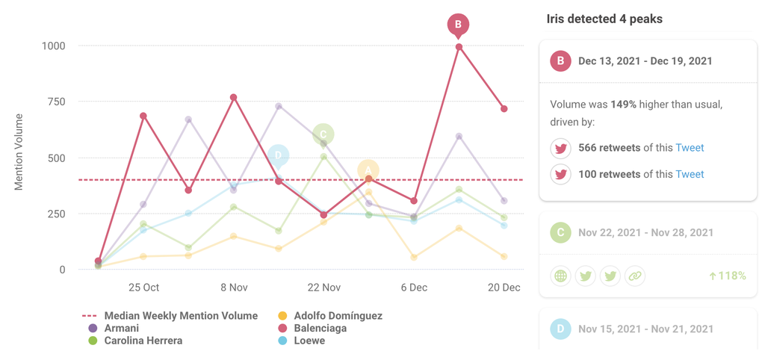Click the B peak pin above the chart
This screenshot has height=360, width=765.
tap(459, 25)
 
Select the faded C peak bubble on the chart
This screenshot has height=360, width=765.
tap(323, 134)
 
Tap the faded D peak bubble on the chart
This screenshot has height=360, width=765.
tap(278, 155)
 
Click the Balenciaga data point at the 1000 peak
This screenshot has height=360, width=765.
tap(459, 47)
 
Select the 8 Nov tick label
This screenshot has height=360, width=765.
tap(234, 288)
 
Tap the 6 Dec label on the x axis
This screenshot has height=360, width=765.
tap(414, 288)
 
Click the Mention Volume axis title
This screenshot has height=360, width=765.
tap(19, 152)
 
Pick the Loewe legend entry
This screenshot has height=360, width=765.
tap(309, 341)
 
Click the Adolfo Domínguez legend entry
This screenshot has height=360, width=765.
tap(337, 316)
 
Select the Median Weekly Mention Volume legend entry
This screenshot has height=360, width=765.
tap(180, 316)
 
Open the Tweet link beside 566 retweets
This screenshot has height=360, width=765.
tap(690, 148)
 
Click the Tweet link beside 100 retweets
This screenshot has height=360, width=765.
tap(690, 174)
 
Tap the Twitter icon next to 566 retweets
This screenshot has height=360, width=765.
tap(560, 148)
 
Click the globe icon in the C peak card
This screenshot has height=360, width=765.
tap(561, 276)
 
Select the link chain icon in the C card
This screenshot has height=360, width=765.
tap(634, 276)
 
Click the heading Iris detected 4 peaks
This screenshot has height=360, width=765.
tap(604, 19)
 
